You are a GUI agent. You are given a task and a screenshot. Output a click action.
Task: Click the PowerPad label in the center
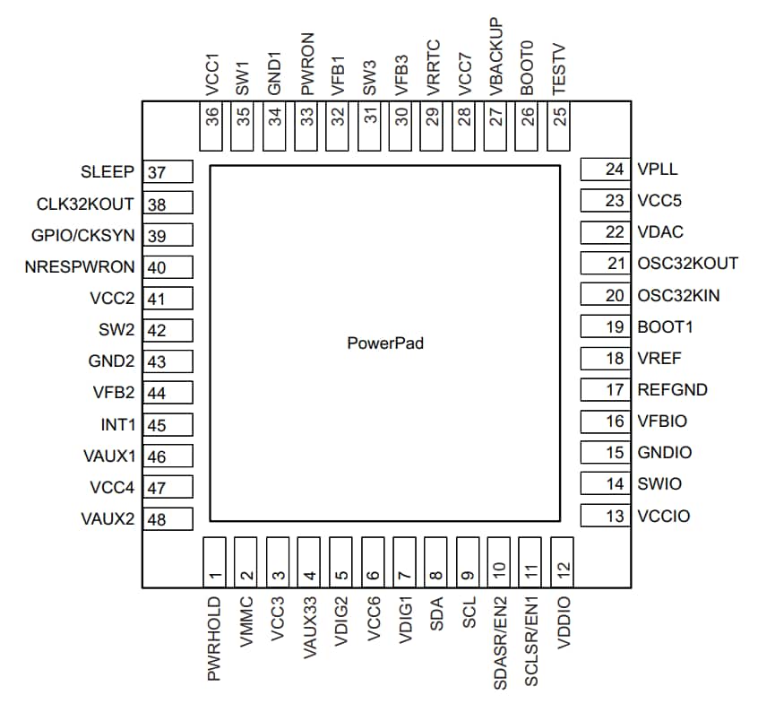coord(385,343)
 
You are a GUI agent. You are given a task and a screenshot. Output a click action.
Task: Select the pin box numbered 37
coord(168,173)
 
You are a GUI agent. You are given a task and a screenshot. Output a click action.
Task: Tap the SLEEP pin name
coord(107,171)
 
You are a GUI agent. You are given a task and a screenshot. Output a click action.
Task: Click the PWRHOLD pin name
coord(214,639)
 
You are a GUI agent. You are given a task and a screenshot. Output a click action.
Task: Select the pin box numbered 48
coord(168,519)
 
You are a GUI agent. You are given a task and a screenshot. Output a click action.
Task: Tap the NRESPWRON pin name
coord(81,266)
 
